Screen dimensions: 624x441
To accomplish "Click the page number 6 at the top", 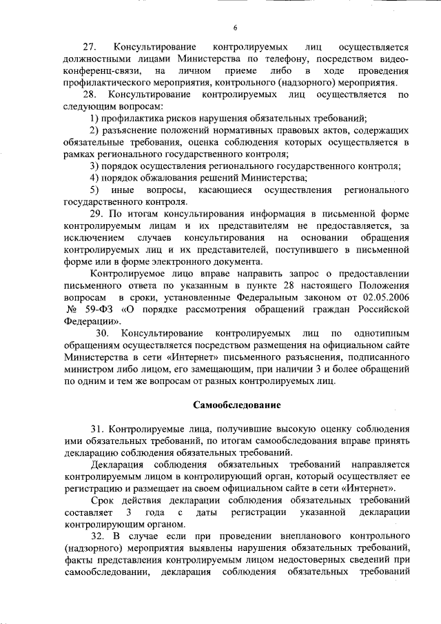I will (x=234, y=28).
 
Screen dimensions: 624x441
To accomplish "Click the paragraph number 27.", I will (x=88, y=48).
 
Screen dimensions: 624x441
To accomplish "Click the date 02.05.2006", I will (x=383, y=296).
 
